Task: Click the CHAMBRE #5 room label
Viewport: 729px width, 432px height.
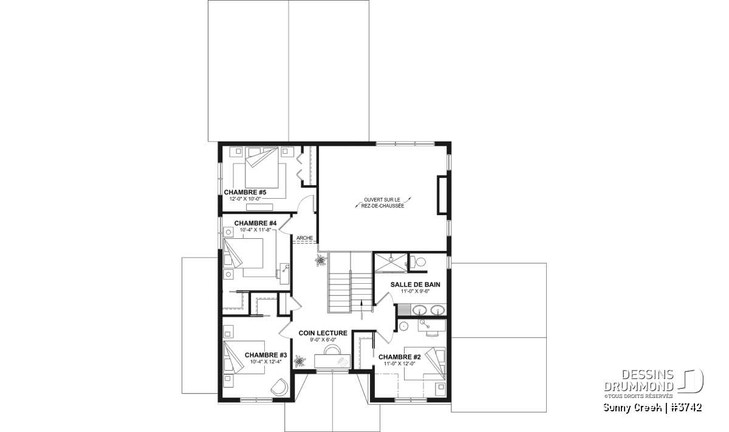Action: (245, 193)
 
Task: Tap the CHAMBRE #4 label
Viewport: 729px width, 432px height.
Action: (256, 224)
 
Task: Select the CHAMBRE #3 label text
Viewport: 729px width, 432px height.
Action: (266, 355)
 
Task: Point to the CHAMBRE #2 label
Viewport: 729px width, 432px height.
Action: (400, 357)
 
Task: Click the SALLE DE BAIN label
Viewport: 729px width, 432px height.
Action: (416, 284)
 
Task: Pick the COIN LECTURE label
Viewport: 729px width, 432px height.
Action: (323, 333)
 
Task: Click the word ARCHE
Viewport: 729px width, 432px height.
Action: (304, 238)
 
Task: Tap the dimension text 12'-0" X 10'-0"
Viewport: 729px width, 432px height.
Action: (245, 198)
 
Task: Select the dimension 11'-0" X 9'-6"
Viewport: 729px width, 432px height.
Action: (416, 291)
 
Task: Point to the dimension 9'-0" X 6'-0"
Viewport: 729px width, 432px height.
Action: (323, 340)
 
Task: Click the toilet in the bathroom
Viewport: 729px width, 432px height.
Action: (417, 262)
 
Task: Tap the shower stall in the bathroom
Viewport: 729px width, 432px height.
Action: (390, 262)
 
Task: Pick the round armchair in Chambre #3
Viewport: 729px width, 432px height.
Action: (279, 387)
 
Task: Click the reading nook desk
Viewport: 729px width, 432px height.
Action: (332, 362)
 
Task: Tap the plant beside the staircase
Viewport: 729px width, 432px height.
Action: (321, 261)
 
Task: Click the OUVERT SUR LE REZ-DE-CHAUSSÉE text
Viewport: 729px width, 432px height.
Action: (383, 202)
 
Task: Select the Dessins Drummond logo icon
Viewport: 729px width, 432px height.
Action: (690, 381)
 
